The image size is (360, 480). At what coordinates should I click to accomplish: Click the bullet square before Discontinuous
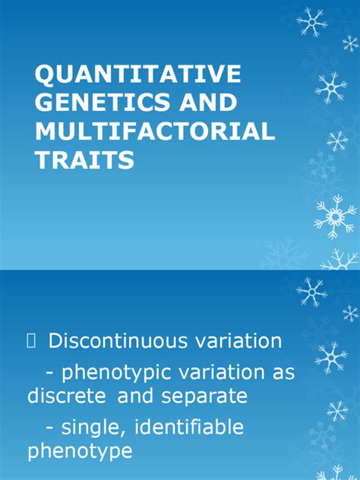tap(31, 342)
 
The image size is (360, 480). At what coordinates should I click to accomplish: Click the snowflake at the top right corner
tap(312, 22)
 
